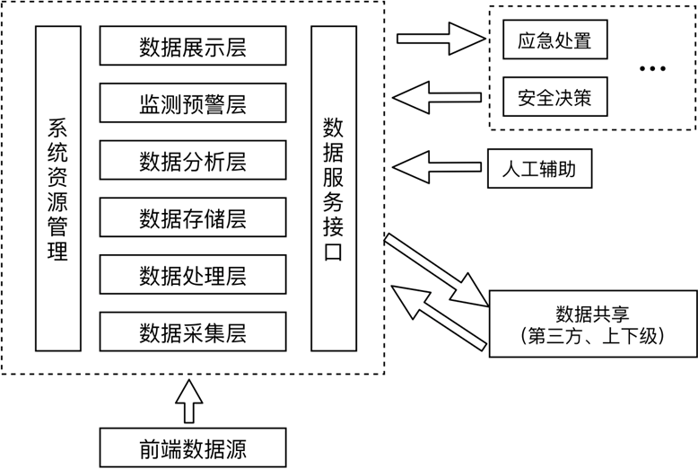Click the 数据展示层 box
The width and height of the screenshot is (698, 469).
click(x=193, y=46)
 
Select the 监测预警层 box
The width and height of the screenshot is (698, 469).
click(x=193, y=103)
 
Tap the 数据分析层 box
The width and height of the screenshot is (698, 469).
click(x=193, y=161)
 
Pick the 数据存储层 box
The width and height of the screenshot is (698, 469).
click(x=193, y=218)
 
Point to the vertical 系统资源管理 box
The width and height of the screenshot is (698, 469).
click(x=58, y=188)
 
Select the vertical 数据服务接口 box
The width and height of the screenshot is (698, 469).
click(x=333, y=188)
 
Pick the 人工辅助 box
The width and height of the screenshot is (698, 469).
click(x=540, y=168)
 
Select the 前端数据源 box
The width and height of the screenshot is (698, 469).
click(x=193, y=446)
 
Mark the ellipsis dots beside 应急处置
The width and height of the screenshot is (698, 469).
click(x=652, y=68)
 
